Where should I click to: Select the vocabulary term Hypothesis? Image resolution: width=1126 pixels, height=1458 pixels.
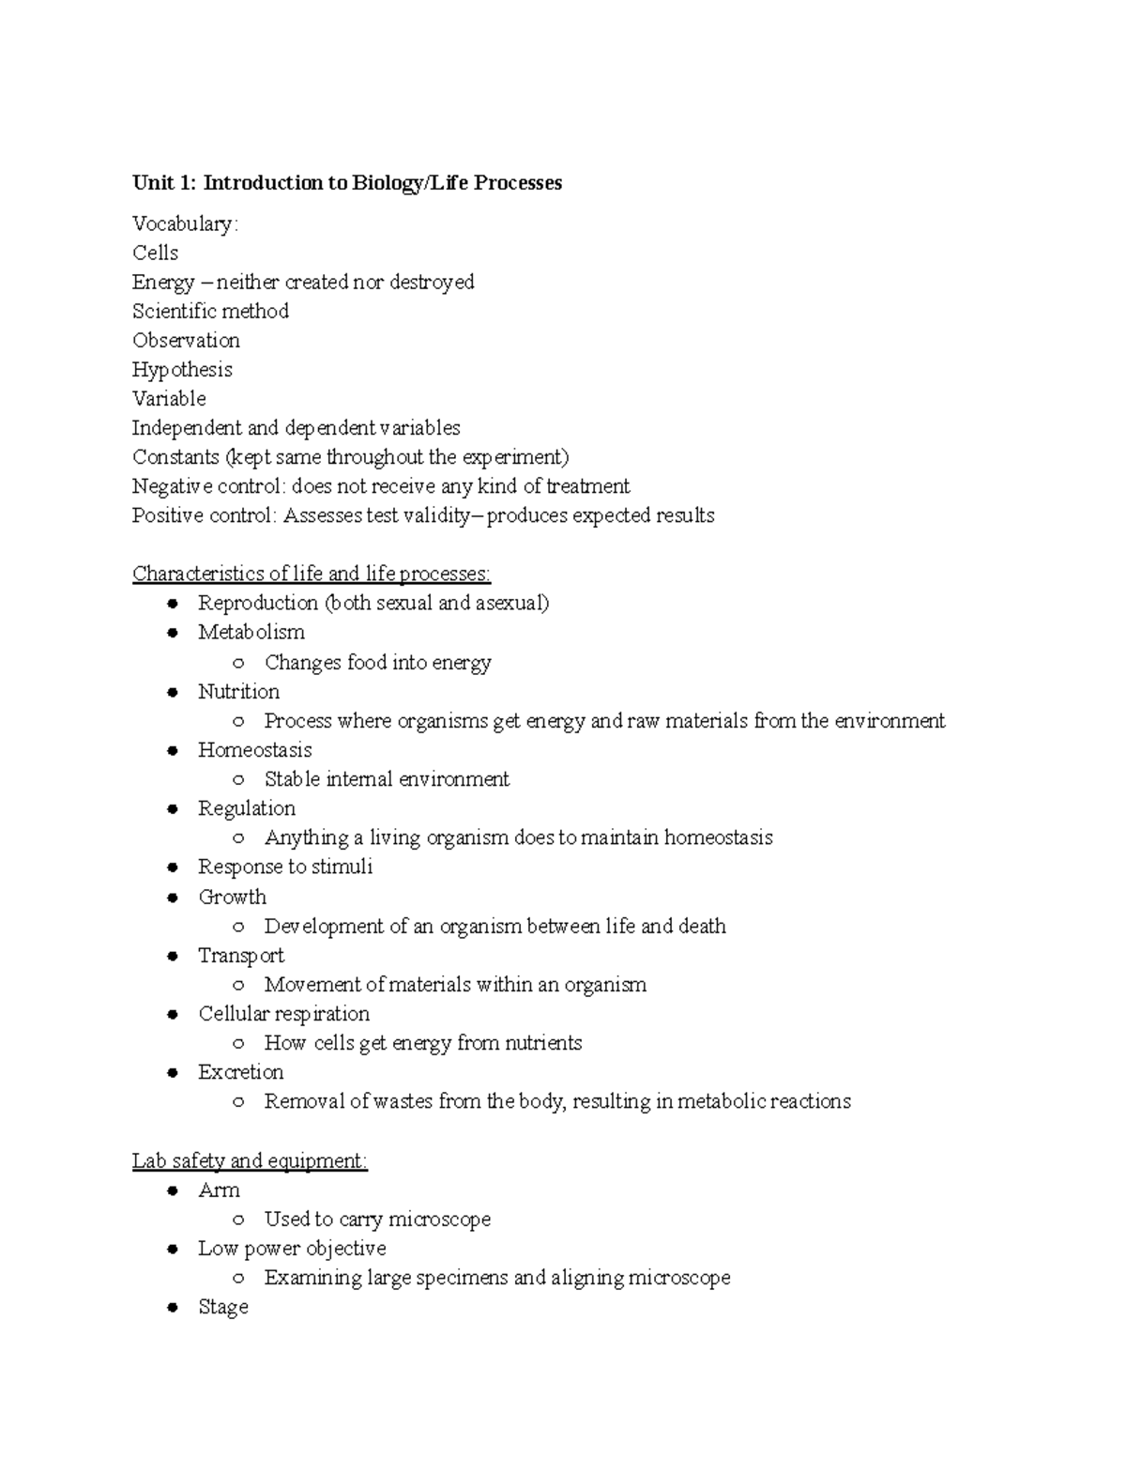pos(182,370)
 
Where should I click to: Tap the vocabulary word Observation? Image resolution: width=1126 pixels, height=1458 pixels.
pos(186,341)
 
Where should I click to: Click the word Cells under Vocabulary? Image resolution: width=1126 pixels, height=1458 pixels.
pos(155,253)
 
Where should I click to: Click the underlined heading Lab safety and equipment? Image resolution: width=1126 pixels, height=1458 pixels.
pos(250,1161)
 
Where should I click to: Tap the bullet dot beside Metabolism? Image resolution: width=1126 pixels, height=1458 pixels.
pos(173,633)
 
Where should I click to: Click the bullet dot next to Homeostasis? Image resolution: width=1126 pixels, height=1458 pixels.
pos(173,750)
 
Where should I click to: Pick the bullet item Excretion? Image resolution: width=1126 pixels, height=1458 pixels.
pos(240,1072)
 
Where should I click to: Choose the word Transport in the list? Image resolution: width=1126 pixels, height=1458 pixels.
pos(241,956)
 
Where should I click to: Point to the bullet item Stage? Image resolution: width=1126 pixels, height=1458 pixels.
pos(223,1307)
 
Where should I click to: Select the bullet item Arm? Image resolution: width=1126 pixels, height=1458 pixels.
pos(219,1190)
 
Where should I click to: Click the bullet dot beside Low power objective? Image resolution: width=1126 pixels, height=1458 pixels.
pos(173,1249)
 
